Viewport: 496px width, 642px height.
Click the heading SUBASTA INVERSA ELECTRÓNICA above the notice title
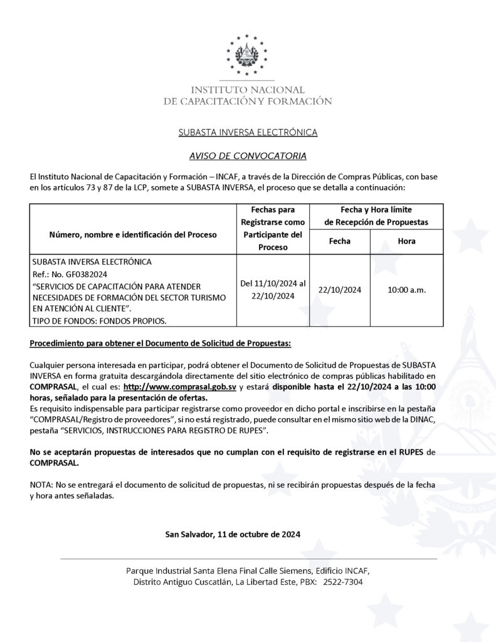pyautogui.click(x=248, y=132)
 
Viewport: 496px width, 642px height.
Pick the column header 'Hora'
pyautogui.click(x=406, y=241)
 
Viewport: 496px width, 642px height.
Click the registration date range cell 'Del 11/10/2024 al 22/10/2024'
pyautogui.click(x=273, y=290)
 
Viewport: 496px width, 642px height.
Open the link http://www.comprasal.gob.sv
pyautogui.click(x=180, y=387)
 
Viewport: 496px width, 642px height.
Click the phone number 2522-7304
pyautogui.click(x=344, y=582)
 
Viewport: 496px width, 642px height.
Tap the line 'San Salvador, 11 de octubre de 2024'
pyautogui.click(x=233, y=534)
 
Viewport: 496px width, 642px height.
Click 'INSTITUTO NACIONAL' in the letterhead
pyautogui.click(x=248, y=90)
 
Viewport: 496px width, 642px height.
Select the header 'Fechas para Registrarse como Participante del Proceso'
pyautogui.click(x=273, y=228)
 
